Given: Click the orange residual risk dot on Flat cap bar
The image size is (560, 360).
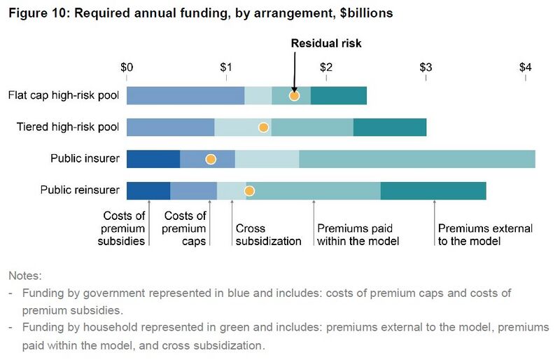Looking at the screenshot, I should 294,96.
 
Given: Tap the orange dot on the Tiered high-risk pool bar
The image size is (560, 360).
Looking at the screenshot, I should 263,127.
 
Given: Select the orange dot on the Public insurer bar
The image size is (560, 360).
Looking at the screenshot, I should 210,159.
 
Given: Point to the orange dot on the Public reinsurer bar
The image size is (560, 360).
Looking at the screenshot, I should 248,191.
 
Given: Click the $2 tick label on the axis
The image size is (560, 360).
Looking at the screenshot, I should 325,68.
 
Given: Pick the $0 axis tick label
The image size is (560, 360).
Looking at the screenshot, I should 127,68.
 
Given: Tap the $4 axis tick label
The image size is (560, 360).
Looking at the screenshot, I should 526,68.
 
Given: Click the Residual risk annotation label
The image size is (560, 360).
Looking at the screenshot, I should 326,43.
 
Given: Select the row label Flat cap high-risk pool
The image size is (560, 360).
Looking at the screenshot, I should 64,95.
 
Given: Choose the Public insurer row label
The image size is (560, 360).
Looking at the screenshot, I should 85,159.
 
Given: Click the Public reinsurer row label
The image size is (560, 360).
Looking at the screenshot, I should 80,190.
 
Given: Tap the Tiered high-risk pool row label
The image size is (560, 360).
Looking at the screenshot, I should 68,127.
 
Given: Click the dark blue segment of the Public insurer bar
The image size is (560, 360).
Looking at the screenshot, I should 153,159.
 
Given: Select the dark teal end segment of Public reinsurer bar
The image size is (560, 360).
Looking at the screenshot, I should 433,191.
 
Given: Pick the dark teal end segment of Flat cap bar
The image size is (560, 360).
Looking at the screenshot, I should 338,96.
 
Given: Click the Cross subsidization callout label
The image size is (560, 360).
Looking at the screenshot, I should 268,235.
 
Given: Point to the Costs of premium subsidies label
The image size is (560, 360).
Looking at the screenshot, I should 124,228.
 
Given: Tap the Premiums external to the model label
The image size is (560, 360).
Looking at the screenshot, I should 484,235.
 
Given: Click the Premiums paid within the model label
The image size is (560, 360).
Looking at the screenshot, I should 358,235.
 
